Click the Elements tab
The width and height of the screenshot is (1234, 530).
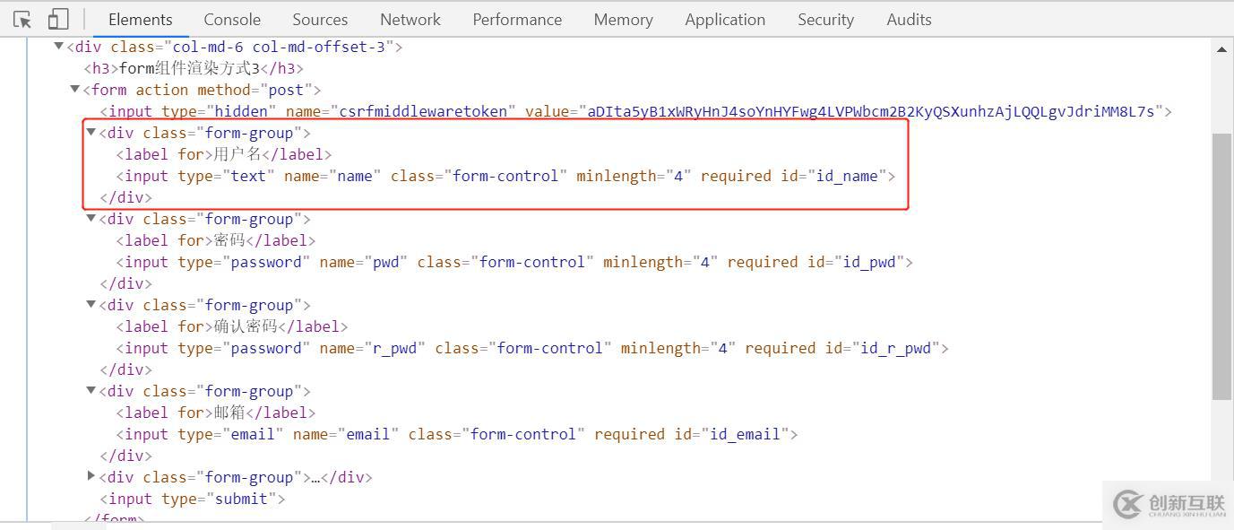(140, 19)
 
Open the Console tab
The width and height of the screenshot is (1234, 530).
(232, 19)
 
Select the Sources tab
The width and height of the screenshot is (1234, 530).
(320, 19)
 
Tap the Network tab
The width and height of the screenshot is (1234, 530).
(410, 19)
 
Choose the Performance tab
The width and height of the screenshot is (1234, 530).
(517, 19)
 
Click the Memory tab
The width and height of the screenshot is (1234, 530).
(623, 19)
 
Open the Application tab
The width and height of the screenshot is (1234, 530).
(725, 19)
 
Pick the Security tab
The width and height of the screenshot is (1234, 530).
(825, 19)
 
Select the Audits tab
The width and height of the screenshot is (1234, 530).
(909, 19)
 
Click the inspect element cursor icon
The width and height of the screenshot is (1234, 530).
(22, 19)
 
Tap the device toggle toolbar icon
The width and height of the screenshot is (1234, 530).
(58, 19)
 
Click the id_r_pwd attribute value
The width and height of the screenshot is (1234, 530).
(895, 348)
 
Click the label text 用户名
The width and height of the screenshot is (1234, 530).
(237, 154)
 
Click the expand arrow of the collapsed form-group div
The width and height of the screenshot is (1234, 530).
(91, 476)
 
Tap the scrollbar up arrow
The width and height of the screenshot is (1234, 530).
(1221, 49)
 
